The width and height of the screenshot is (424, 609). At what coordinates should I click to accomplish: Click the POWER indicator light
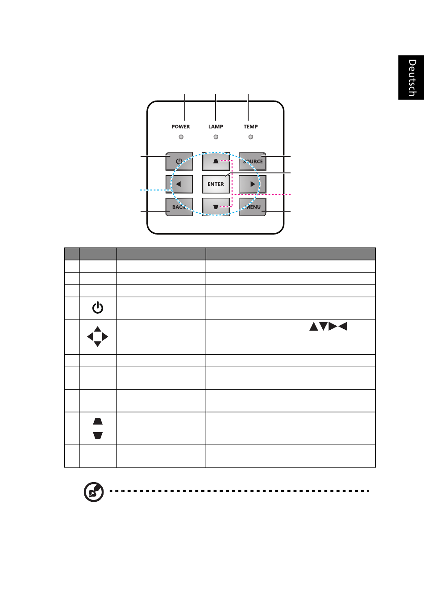[x=181, y=137]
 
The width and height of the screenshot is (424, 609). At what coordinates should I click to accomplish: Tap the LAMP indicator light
[x=216, y=137]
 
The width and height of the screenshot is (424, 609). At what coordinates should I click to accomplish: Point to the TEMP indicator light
[x=251, y=137]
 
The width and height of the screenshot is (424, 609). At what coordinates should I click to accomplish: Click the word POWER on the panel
[x=181, y=127]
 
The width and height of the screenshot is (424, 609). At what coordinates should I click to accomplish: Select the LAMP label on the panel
[x=216, y=127]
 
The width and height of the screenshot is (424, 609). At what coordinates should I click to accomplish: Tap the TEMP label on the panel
[x=251, y=127]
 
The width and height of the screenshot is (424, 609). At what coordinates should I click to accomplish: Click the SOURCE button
[x=252, y=161]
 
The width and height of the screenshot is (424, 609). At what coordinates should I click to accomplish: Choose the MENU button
[x=252, y=207]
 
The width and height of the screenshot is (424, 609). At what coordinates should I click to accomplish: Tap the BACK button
[x=179, y=207]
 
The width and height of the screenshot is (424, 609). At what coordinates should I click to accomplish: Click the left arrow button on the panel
[x=179, y=184]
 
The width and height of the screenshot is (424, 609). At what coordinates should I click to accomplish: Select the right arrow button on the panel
[x=252, y=184]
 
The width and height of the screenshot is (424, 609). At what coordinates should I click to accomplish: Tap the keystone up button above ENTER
[x=216, y=161]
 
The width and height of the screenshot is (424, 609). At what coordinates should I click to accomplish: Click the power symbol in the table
[x=98, y=308]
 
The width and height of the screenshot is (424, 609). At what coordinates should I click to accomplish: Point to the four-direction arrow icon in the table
[x=97, y=336]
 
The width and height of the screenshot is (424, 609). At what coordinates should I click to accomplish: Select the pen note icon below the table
[x=94, y=492]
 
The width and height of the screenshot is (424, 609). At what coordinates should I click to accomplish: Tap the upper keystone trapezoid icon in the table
[x=98, y=421]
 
